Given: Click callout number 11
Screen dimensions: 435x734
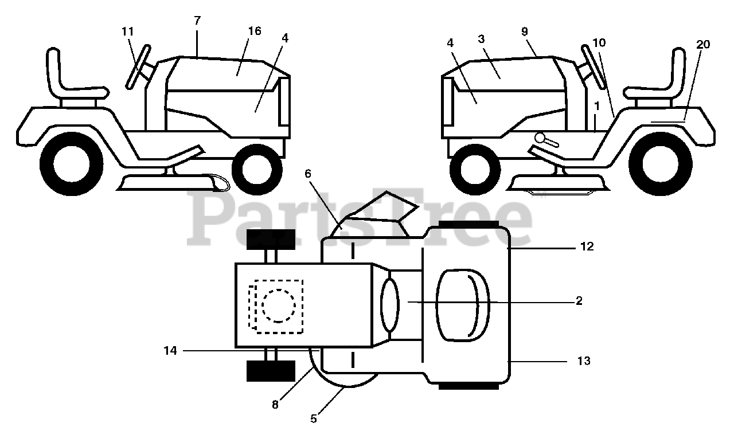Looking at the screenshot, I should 127,32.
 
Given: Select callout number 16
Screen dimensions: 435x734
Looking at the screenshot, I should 254,31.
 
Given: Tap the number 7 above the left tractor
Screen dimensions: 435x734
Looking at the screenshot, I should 197,20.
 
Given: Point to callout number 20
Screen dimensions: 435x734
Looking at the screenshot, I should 703,44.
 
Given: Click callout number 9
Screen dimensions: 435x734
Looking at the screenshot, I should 525,32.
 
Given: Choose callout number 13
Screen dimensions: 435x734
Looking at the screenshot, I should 584,361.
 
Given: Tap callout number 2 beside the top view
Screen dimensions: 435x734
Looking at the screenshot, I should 579,300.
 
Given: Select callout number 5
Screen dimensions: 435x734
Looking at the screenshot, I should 313,418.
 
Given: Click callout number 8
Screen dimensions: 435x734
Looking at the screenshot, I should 275,404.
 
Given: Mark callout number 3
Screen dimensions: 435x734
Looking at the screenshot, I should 481,38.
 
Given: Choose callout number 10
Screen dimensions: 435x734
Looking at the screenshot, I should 599,43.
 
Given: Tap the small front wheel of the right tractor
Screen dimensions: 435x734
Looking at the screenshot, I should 475,170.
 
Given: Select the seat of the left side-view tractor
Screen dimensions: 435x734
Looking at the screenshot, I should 69,80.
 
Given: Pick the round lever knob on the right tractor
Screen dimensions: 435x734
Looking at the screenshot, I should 541,138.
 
